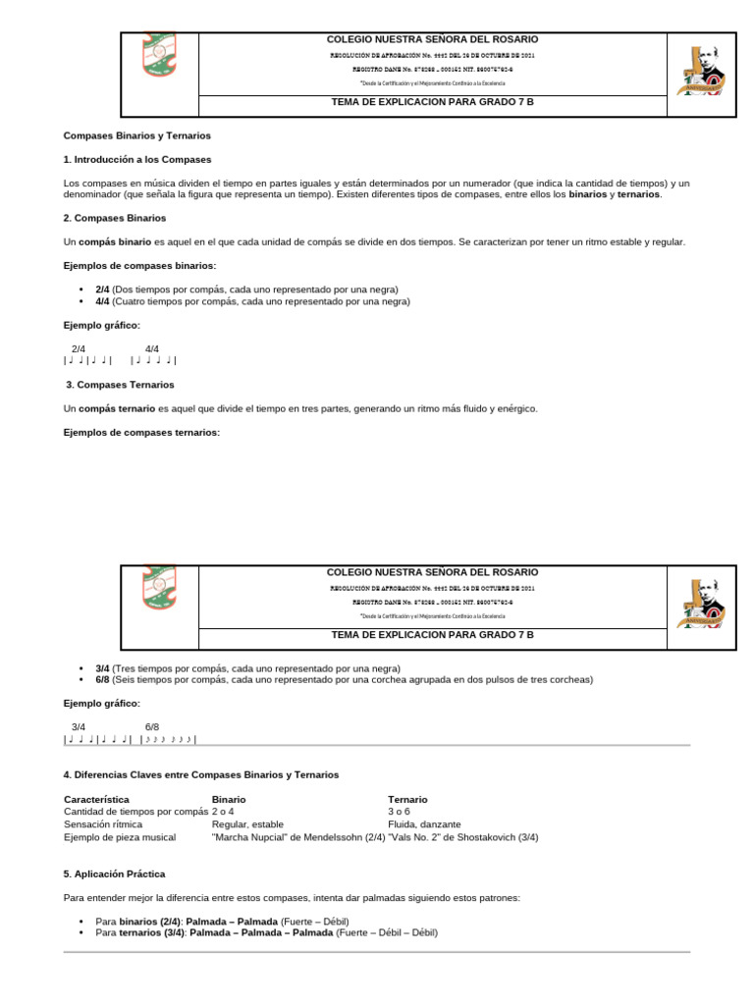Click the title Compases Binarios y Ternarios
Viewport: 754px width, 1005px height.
136,135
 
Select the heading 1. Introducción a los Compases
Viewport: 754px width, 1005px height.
136,159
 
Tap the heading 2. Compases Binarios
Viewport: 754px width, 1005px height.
115,218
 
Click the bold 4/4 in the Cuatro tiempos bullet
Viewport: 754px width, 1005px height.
102,302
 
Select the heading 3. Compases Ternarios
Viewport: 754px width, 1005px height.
120,385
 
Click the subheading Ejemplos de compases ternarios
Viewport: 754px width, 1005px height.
141,432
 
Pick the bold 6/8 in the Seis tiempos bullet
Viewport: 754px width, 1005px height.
102,679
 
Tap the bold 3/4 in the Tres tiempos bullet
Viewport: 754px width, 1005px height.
102,667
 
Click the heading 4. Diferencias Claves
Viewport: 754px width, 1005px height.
200,774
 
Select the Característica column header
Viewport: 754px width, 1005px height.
96,800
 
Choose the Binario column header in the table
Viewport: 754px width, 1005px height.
229,800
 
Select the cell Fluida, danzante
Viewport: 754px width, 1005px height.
424,824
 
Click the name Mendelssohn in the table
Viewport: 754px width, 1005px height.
323,837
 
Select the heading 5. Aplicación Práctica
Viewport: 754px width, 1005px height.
114,873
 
